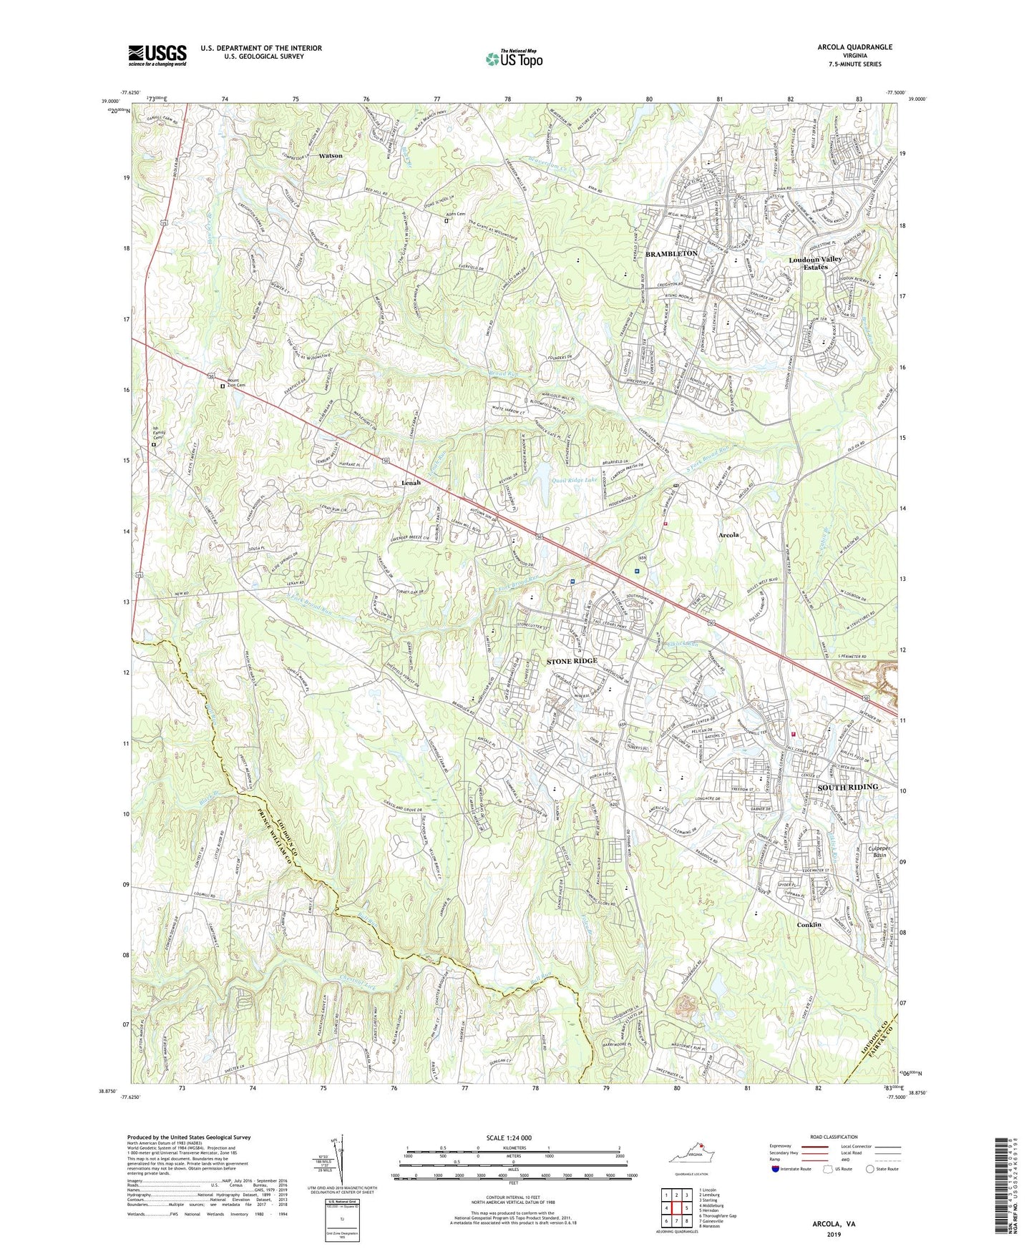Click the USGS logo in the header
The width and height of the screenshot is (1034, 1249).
click(157, 55)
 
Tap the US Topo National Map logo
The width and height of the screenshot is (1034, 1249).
click(514, 58)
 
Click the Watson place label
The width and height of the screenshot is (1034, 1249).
click(331, 155)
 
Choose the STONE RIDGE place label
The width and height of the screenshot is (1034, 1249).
click(572, 662)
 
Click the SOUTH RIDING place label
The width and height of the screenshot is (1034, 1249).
click(847, 787)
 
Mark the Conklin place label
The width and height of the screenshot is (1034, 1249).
click(809, 925)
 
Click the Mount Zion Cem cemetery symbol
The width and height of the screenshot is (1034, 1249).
click(223, 386)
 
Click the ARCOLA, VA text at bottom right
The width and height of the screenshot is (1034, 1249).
click(834, 1224)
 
